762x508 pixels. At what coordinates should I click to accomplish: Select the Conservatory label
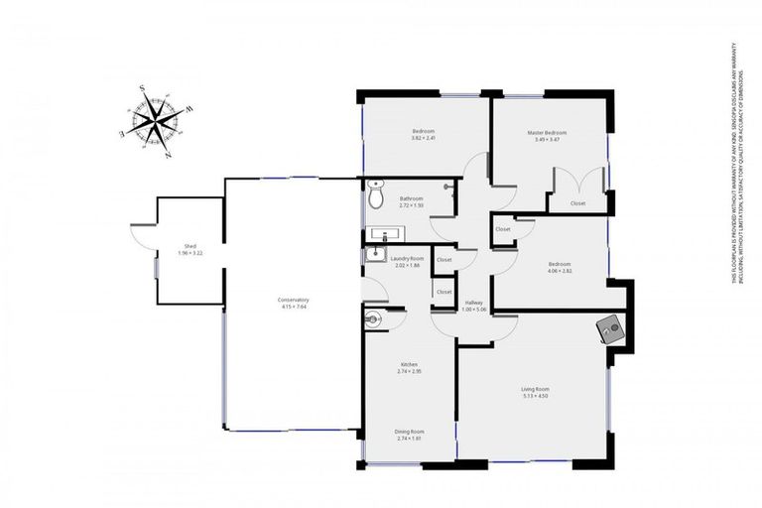pyautogui.click(x=294, y=300)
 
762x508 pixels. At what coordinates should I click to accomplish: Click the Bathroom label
pyautogui.click(x=412, y=198)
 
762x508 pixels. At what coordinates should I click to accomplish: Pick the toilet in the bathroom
pyautogui.click(x=375, y=196)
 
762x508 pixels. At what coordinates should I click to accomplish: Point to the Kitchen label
pyautogui.click(x=410, y=364)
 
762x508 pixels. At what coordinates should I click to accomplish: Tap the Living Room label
pyautogui.click(x=535, y=389)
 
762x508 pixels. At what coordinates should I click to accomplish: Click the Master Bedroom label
pyautogui.click(x=547, y=132)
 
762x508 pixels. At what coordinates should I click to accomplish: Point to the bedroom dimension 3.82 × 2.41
pyautogui.click(x=424, y=138)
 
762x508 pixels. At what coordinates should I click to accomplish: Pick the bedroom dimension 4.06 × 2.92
pyautogui.click(x=560, y=270)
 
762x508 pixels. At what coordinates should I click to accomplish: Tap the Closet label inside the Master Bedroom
pyautogui.click(x=577, y=203)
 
